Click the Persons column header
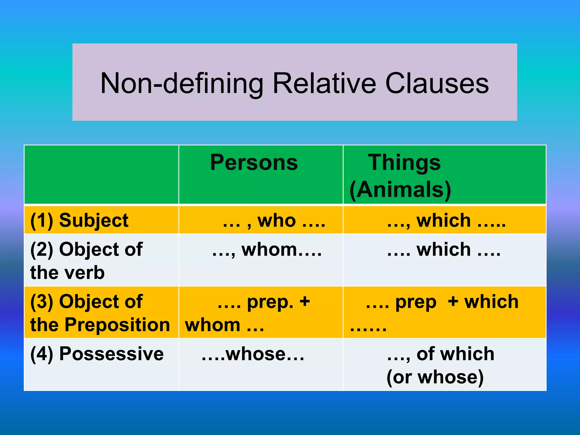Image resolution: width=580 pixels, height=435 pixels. (254, 163)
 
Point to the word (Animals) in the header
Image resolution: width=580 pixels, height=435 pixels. (400, 189)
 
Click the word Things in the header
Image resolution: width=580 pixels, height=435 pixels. (404, 163)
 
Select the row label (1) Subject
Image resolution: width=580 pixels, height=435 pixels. (79, 220)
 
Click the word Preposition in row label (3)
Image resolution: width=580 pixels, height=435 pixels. (117, 325)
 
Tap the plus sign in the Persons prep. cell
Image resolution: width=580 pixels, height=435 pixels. (305, 301)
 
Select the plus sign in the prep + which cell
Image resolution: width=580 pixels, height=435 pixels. (453, 301)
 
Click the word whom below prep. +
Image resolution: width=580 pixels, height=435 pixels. (212, 325)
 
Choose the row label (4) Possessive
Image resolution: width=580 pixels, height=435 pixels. (97, 354)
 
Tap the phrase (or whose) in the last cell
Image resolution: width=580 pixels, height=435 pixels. (435, 377)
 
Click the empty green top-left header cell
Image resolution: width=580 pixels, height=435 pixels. (101, 174)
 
